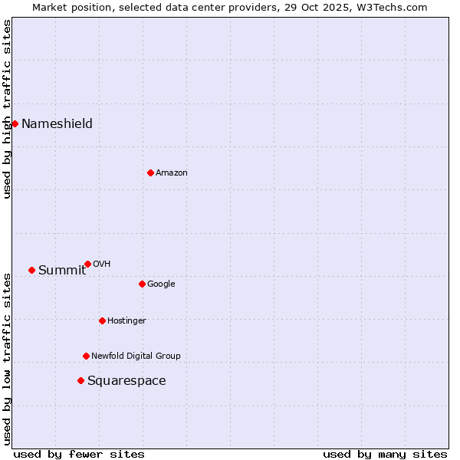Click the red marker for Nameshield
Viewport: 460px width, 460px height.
point(15,123)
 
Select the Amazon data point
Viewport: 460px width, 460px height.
point(150,172)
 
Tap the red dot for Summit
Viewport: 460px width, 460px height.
point(31,270)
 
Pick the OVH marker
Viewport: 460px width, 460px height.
point(87,264)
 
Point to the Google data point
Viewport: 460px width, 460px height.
point(142,284)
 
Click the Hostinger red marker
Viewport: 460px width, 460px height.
point(102,320)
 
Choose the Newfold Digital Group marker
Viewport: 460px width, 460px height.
point(86,356)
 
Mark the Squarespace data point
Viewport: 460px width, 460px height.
point(80,380)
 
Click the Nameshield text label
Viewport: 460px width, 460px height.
point(57,124)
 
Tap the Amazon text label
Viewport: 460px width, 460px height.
point(171,173)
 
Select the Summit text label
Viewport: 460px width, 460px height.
point(61,270)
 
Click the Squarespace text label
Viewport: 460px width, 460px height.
point(126,381)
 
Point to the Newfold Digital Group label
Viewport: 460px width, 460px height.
point(136,356)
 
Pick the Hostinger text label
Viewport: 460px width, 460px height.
point(127,320)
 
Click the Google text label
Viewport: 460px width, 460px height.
point(161,284)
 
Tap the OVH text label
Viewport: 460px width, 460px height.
point(101,264)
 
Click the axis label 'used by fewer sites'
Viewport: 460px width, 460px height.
point(79,454)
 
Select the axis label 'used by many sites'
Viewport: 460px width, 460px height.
point(385,454)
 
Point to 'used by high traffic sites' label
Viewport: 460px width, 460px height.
point(7,109)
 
